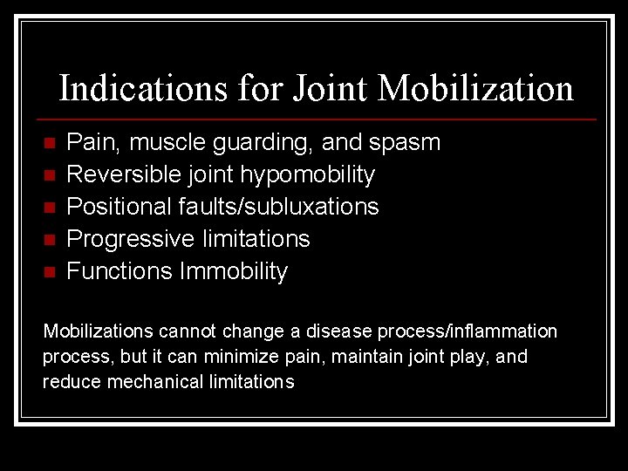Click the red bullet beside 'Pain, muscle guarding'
click(49, 142)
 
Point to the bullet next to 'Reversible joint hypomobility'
click(49, 174)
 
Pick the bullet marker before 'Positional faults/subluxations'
click(49, 207)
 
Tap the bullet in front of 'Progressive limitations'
click(49, 239)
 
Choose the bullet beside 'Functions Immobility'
click(49, 271)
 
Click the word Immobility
click(233, 271)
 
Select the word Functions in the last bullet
click(119, 271)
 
